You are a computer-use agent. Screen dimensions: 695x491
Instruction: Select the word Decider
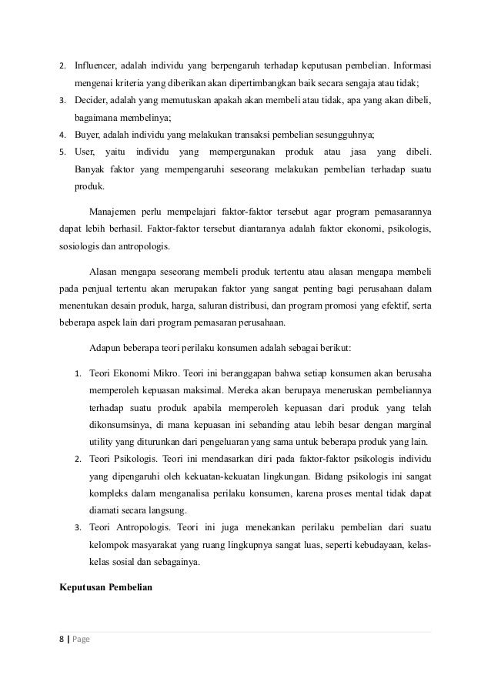(x=90, y=101)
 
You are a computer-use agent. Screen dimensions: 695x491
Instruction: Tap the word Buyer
(x=87, y=134)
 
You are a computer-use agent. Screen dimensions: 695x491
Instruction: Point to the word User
(x=85, y=152)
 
